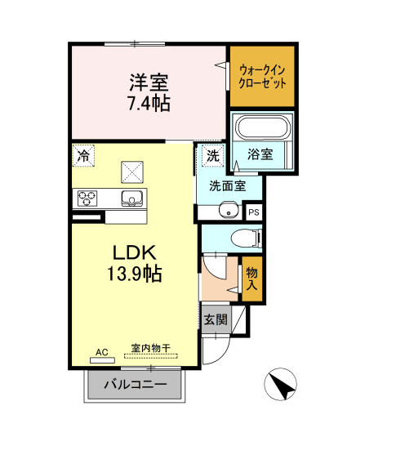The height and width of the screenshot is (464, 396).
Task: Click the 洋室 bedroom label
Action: click(149, 83)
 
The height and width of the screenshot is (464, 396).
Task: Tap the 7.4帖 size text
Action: click(149, 103)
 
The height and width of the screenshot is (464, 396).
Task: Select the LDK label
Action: click(135, 252)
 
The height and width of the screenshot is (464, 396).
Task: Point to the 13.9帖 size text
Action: click(134, 274)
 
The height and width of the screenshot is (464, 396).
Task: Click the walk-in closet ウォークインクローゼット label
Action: click(262, 77)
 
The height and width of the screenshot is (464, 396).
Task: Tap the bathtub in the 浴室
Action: click(263, 127)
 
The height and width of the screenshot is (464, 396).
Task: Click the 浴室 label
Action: click(260, 154)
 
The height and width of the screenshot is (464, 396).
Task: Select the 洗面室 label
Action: click(228, 185)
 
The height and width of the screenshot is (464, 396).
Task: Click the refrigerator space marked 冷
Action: click(83, 156)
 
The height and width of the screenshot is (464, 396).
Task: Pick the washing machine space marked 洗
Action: click(213, 156)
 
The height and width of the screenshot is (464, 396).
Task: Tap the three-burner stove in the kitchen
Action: click(87, 198)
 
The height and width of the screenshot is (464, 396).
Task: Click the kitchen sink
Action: click(132, 198)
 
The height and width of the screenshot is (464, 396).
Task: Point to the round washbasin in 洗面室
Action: click(229, 210)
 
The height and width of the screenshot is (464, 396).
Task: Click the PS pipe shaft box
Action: click(254, 212)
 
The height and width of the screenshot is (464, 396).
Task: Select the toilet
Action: click(247, 239)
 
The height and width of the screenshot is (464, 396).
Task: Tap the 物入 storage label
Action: click(252, 279)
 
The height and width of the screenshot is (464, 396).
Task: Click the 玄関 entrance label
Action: click(216, 319)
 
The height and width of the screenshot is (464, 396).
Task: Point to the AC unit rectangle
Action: click(102, 360)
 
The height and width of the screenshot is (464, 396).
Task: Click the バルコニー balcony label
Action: click(136, 385)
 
